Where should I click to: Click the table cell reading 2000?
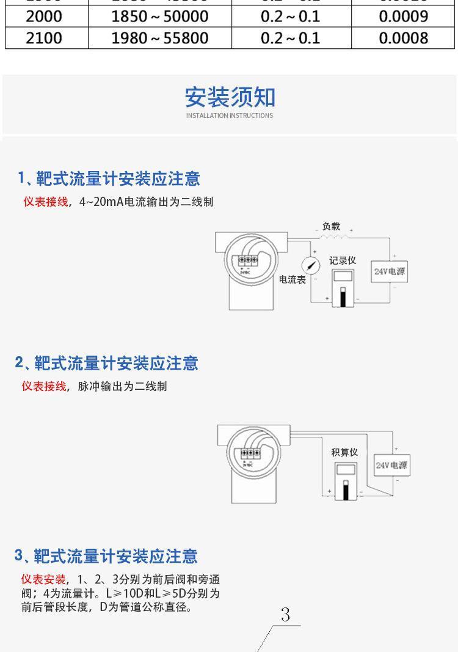(44, 16)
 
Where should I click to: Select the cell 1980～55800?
(159, 38)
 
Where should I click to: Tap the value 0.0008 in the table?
(404, 38)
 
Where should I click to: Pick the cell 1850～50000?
(159, 16)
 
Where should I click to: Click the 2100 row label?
(44, 38)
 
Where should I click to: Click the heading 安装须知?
(230, 97)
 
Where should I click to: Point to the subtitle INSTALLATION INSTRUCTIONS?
(230, 115)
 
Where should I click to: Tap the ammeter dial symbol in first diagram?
(312, 265)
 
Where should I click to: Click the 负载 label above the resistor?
(331, 226)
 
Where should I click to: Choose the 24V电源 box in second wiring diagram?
(391, 466)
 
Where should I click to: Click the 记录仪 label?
(343, 260)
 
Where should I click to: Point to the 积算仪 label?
(344, 452)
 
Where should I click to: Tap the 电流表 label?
(293, 279)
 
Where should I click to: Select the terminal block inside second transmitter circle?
(250, 454)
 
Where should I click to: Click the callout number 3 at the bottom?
(285, 615)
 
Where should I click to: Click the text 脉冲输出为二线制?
(122, 386)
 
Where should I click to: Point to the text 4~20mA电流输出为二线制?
(146, 202)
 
